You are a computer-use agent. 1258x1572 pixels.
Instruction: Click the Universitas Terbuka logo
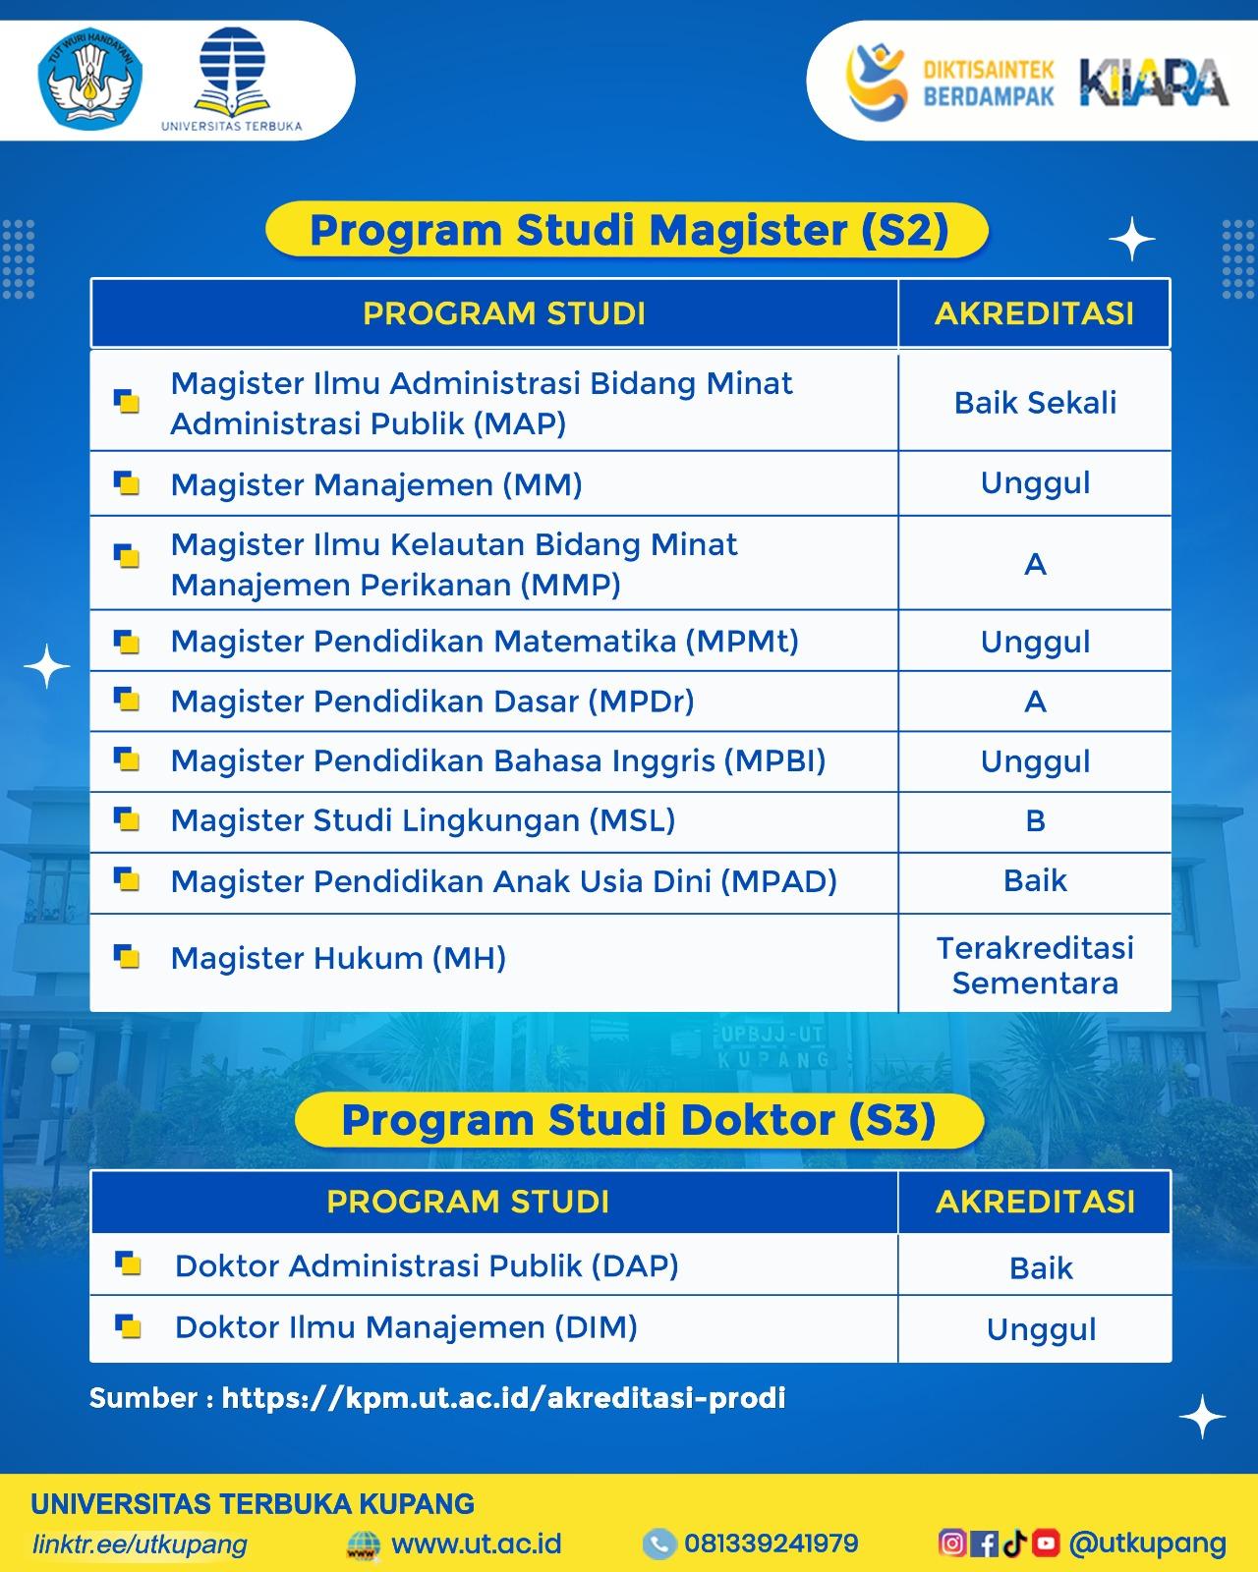(232, 80)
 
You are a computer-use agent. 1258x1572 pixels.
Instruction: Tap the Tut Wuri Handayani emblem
(90, 79)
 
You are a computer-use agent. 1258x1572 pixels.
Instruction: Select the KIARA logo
(1154, 82)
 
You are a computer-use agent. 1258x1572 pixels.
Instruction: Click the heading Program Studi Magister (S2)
(629, 230)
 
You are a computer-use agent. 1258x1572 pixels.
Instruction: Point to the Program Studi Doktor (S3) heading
(639, 1120)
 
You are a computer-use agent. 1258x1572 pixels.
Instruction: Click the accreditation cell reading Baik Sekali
(1035, 403)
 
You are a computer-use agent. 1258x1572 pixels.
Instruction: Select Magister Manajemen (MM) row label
(376, 484)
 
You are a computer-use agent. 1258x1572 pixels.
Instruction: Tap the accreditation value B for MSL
(1035, 821)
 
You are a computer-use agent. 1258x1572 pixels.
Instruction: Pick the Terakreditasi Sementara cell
(1035, 965)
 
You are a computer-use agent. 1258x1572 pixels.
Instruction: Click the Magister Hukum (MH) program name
(338, 958)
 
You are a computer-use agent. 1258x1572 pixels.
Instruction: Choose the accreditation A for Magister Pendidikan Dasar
(1035, 702)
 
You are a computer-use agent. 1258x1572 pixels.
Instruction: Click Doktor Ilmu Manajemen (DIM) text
(407, 1327)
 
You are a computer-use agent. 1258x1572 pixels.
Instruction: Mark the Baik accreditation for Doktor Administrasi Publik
(1041, 1268)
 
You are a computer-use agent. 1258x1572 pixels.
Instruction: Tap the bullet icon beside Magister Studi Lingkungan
(127, 818)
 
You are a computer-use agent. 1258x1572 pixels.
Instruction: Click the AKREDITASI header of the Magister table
(1034, 313)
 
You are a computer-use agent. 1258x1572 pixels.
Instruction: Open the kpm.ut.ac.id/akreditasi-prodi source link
(503, 1398)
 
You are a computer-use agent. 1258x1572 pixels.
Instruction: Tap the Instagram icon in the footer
(951, 1543)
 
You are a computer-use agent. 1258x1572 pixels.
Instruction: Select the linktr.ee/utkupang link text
(140, 1544)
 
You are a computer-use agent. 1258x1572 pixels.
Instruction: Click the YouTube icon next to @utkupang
(1046, 1543)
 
